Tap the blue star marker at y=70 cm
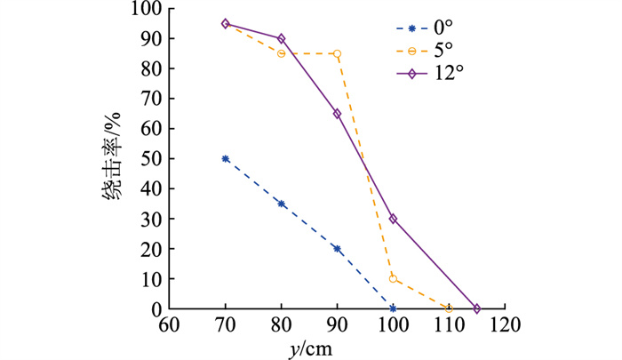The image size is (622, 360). pos(226,158)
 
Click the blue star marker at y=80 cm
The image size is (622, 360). pos(282,204)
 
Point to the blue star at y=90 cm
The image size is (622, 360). pos(338,249)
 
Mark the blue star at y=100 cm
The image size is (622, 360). pos(393,308)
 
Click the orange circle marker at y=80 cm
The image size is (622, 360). pos(282,53)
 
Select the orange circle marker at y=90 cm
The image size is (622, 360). pos(338,53)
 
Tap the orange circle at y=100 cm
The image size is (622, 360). pos(393,278)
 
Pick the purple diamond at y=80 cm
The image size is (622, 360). pos(282,38)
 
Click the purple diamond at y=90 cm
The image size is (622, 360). pos(338,113)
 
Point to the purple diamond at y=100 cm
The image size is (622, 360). pos(393,219)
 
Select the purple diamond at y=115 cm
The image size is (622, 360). pos(477,308)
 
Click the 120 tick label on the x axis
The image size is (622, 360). pos(505,326)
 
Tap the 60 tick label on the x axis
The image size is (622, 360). pos(170,326)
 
